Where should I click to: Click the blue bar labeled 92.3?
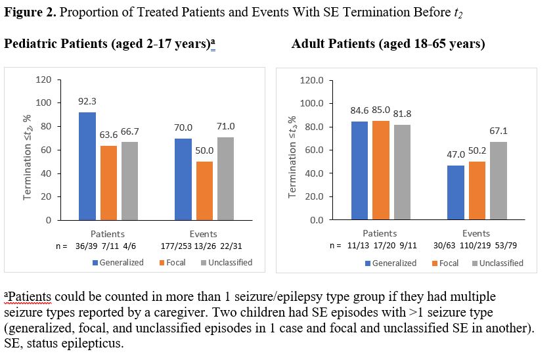pyautogui.click(x=87, y=166)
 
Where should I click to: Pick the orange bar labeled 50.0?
pyautogui.click(x=205, y=191)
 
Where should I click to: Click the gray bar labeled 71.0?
pyautogui.click(x=225, y=178)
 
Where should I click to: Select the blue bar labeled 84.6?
pyautogui.click(x=359, y=170)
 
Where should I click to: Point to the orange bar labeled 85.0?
pyautogui.click(x=380, y=170)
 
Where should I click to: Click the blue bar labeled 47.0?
pyautogui.click(x=456, y=192)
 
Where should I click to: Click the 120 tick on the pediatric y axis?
pyautogui.click(x=44, y=79)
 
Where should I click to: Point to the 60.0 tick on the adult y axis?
pyautogui.click(x=313, y=150)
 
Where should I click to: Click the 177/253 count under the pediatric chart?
pyautogui.click(x=175, y=246)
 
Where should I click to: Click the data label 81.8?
pyautogui.click(x=402, y=113)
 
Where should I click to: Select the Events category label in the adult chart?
pyautogui.click(x=476, y=233)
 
